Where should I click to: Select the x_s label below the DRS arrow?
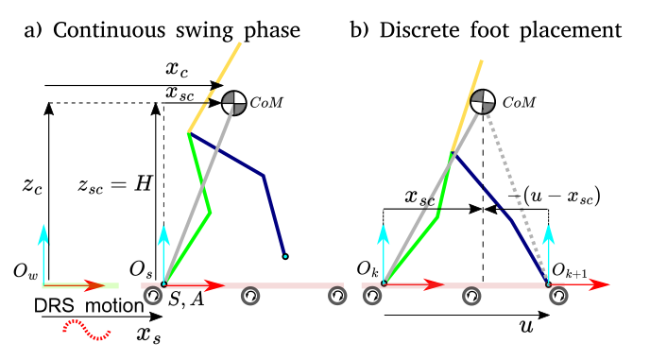[148, 334]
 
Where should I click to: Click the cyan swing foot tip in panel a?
[284, 256]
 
